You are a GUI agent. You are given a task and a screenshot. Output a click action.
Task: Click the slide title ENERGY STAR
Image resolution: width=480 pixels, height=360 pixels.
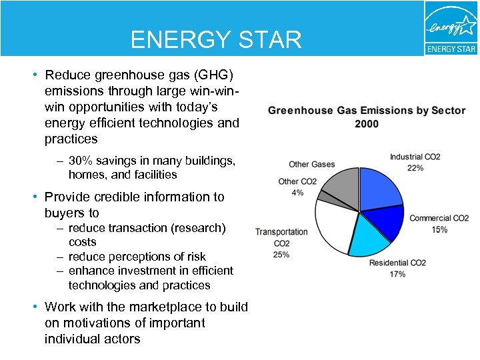tap(216, 40)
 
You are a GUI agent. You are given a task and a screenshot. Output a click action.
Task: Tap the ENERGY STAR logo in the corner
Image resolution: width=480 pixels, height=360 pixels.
tap(451, 28)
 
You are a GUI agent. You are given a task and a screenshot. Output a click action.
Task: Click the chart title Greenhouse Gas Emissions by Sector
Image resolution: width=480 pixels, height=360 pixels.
tap(367, 111)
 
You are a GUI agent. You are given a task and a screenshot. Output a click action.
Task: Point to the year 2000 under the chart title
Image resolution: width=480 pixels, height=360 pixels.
tap(367, 124)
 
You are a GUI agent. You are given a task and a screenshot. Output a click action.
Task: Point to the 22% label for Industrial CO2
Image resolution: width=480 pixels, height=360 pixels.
tap(415, 168)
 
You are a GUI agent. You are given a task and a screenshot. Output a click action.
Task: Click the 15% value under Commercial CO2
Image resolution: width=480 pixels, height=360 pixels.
tap(439, 229)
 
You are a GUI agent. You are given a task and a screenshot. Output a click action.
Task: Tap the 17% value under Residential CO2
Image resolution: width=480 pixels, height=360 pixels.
tap(397, 274)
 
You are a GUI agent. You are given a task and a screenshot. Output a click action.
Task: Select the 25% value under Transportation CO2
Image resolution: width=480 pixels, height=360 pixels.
tap(281, 255)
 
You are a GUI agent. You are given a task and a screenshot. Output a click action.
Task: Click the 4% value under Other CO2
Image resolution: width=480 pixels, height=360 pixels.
tap(297, 193)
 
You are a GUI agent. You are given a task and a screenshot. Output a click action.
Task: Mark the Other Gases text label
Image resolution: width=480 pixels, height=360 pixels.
tap(311, 164)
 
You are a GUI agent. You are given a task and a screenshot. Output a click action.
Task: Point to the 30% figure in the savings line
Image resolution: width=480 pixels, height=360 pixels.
tap(81, 161)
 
